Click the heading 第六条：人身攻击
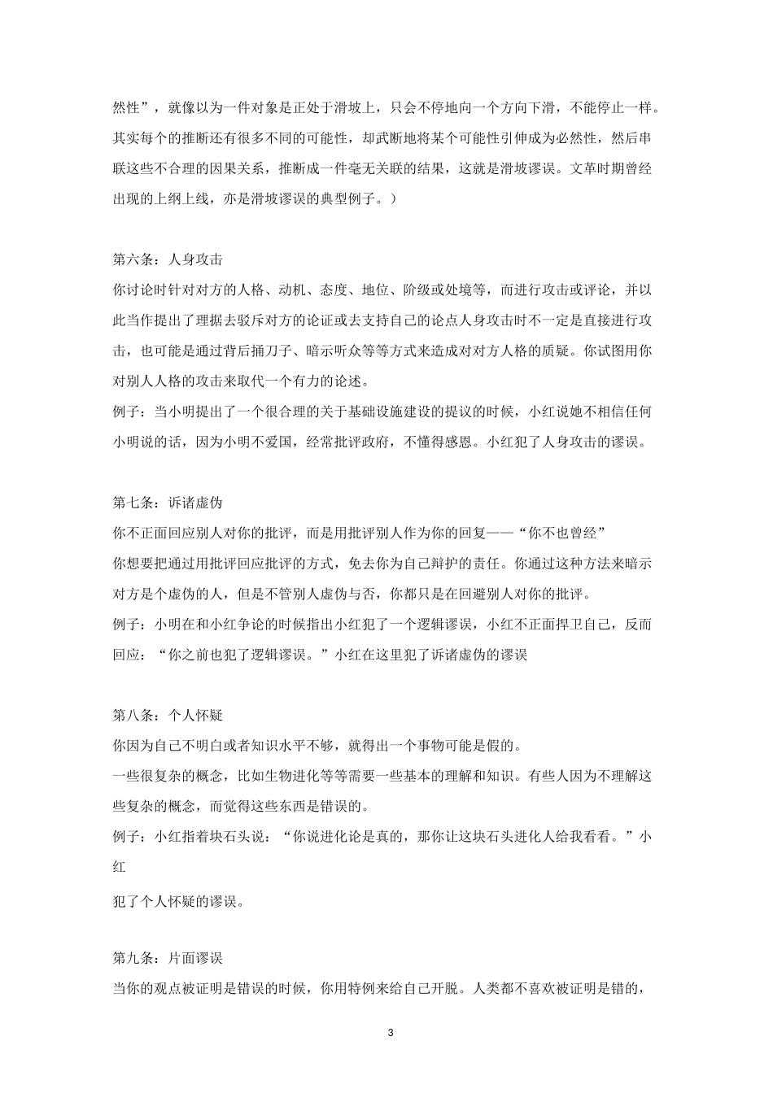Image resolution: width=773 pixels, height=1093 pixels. point(167,260)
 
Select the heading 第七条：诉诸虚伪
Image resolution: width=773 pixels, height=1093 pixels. point(167,503)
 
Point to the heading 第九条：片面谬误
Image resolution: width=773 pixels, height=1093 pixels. point(167,958)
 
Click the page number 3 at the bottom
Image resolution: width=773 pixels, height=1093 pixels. point(391,1033)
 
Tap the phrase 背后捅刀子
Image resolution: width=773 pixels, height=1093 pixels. point(278,351)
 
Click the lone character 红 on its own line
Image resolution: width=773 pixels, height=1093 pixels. point(119,867)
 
